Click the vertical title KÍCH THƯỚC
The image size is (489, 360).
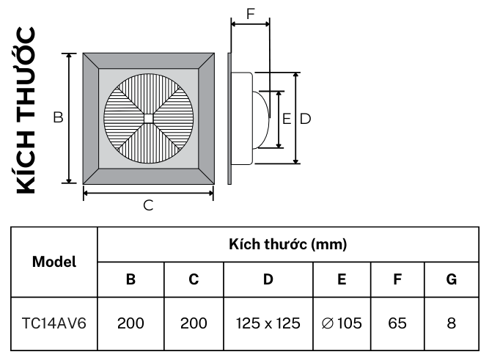pos(24,110)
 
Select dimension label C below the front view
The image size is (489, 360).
pos(148,206)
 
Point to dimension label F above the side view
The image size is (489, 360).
pos(251,13)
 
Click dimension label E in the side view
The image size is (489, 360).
pos(287,118)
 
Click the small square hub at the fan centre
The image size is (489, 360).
pos(148,118)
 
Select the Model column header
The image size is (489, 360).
pos(55,261)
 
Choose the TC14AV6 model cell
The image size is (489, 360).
pos(55,323)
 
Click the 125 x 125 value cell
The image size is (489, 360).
pos(268,323)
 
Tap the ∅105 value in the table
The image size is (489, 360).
pos(342,323)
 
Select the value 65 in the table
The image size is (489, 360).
pos(398,323)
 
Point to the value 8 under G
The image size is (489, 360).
pos(451,323)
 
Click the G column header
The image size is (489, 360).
pos(451,279)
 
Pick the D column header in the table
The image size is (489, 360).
pos(268,279)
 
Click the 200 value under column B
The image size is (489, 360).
pos(131,323)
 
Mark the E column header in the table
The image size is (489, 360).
pos(342,279)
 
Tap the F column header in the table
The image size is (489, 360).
pos(398,279)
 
